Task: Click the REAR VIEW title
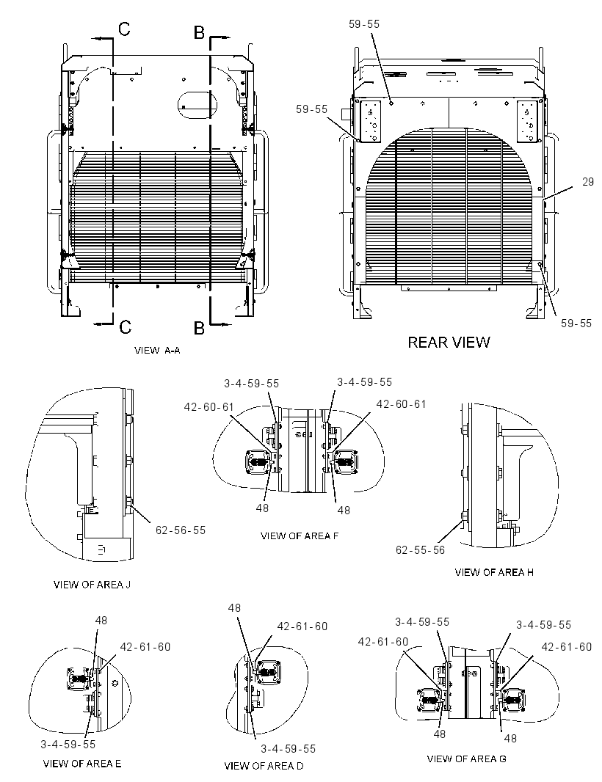(449, 342)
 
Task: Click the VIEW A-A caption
(157, 350)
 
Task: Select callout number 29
(588, 182)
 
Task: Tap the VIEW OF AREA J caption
(92, 584)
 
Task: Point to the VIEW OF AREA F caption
(300, 536)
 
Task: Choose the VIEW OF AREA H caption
(493, 572)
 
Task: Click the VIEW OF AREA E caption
(82, 764)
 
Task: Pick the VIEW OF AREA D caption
(264, 766)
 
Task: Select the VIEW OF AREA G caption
(466, 759)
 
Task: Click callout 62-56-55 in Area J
(181, 530)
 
